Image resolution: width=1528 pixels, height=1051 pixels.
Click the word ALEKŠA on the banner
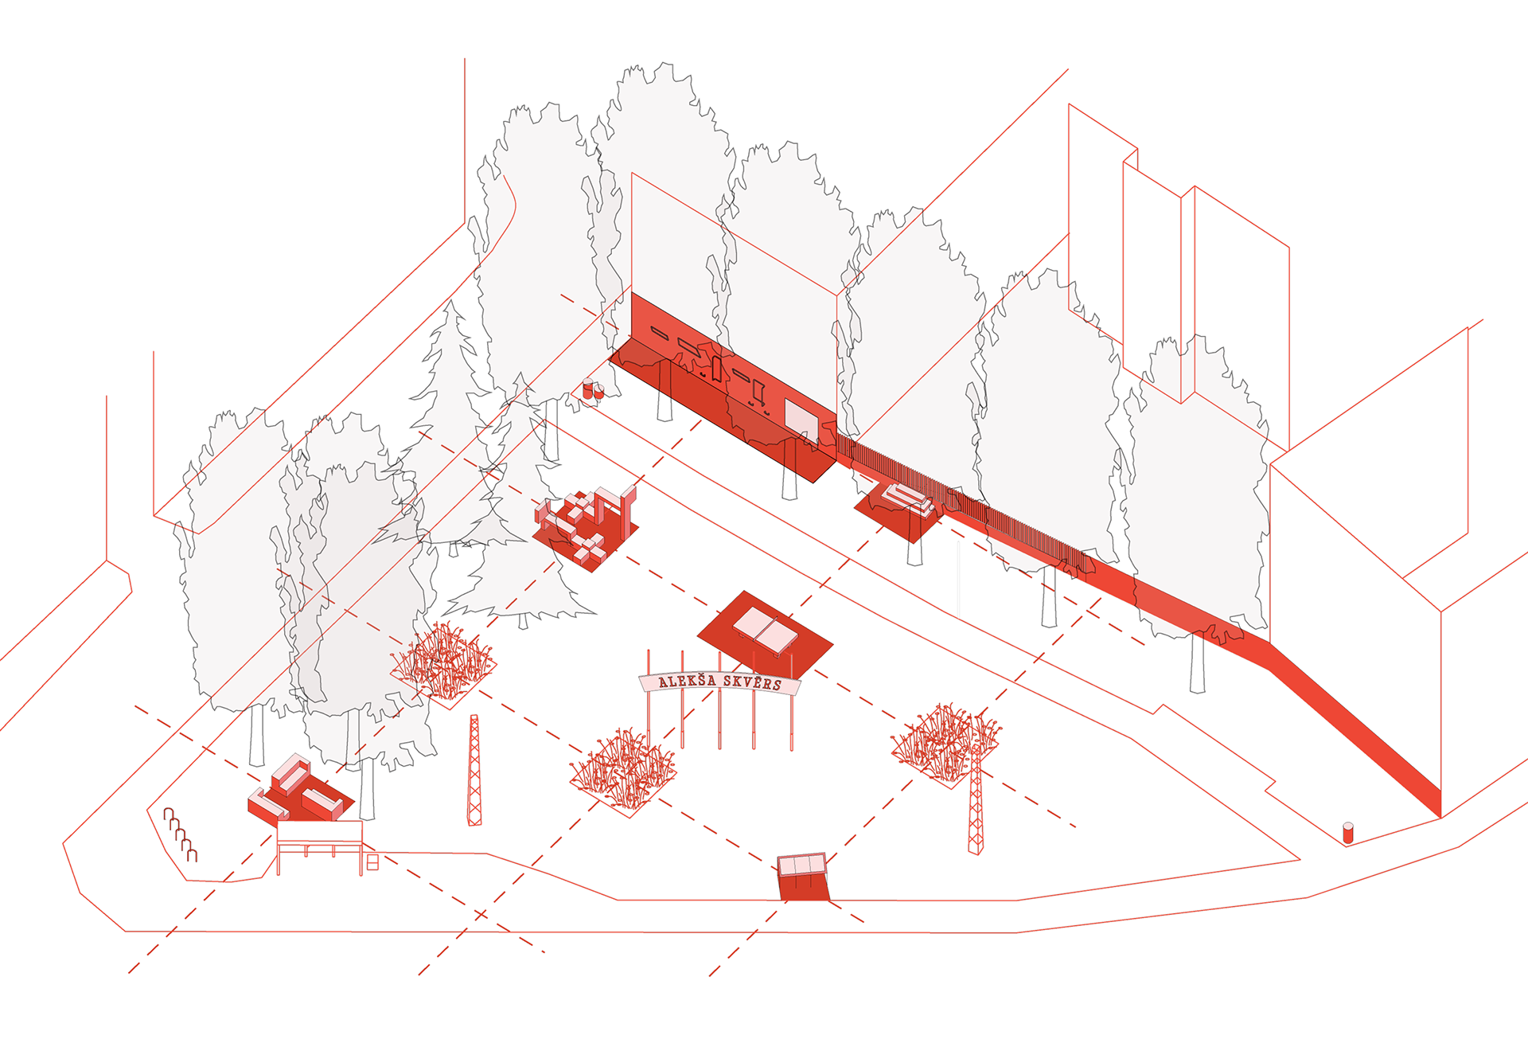pyautogui.click(x=687, y=680)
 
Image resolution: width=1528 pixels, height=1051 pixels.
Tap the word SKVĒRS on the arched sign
pyautogui.click(x=752, y=682)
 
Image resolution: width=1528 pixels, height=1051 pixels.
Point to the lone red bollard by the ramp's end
pyautogui.click(x=1347, y=833)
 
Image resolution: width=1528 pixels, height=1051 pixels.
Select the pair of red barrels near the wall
pyautogui.click(x=593, y=389)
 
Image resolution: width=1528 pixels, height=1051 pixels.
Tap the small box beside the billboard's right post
pyautogui.click(x=372, y=862)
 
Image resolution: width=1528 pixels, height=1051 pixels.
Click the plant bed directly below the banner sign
pyautogui.click(x=623, y=771)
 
